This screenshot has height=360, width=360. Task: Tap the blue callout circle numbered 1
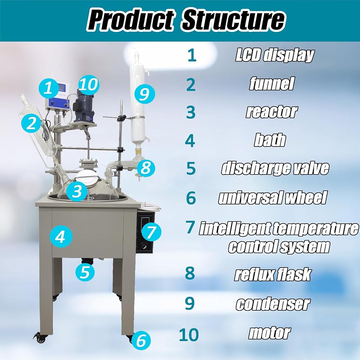[49, 88]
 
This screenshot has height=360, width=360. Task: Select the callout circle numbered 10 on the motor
[89, 85]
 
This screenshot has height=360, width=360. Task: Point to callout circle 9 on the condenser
[145, 94]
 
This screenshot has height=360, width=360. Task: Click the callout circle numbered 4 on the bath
[61, 237]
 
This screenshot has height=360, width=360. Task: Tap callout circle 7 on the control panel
[151, 232]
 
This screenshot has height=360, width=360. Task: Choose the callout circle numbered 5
[85, 272]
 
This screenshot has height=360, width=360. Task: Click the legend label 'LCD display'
[275, 55]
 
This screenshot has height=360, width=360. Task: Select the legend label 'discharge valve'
[275, 168]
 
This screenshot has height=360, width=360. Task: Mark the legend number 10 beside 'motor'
[189, 335]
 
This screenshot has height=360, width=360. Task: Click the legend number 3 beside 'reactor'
[190, 112]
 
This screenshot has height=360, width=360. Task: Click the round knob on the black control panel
[144, 247]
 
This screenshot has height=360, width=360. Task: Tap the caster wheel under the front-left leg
[41, 338]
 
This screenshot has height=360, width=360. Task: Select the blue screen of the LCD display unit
[62, 88]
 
